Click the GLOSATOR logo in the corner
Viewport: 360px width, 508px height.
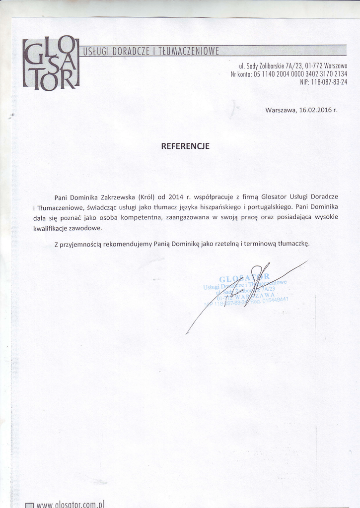pos(51,63)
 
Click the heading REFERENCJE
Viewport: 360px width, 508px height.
pos(185,146)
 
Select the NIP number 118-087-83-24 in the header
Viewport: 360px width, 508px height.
pos(329,82)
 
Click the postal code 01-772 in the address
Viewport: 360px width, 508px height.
pos(314,65)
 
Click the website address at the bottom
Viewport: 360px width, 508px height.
pos(70,504)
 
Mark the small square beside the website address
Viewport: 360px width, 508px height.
pos(29,505)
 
